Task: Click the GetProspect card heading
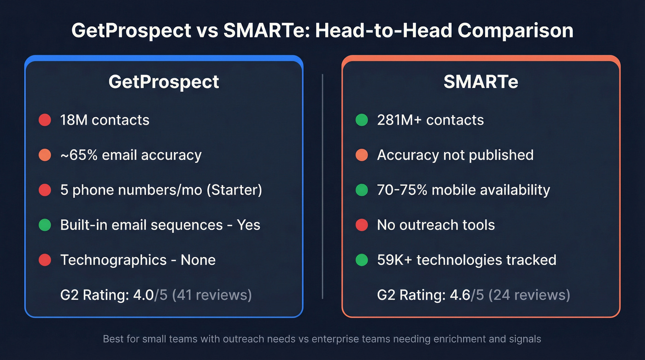[x=164, y=82]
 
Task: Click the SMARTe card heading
[x=481, y=82]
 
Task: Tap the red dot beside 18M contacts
[x=45, y=120]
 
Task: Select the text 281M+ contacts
[x=430, y=120]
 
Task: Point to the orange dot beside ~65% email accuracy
[x=45, y=155]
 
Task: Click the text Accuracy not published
[x=455, y=155]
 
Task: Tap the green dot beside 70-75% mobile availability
[x=362, y=190]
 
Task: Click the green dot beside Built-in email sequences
[x=45, y=225]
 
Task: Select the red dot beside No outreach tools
[x=362, y=225]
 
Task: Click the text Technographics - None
[x=138, y=260]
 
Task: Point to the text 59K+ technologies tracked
[x=466, y=260]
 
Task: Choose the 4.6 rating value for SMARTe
[x=460, y=295]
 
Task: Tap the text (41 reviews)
[x=212, y=295]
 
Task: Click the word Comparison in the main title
[x=516, y=31]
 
